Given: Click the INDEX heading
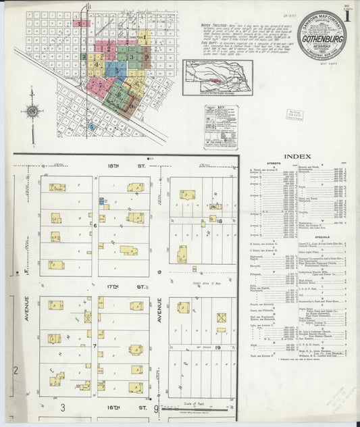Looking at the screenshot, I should pos(297,157).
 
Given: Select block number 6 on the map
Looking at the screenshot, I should pos(95,226).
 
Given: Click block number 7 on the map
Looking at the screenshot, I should pos(95,346).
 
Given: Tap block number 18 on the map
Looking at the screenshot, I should pos(220,220).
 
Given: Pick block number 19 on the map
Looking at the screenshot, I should pos(220,345).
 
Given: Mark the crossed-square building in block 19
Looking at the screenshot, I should pos(221,317).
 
